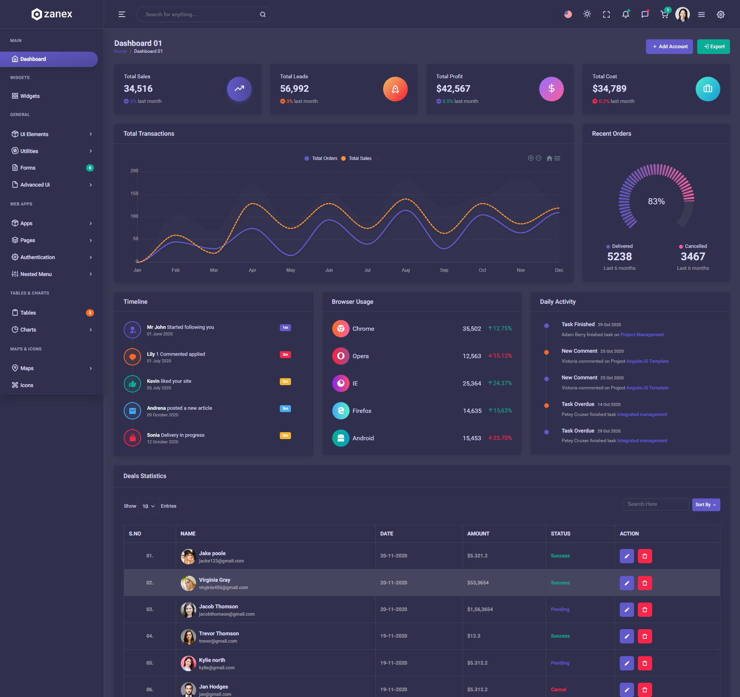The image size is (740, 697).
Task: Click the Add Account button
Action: coord(669,47)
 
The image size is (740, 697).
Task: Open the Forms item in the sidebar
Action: coord(28,168)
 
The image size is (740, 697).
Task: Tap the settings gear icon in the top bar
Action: coord(720,15)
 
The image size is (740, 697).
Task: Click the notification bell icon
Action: coord(625,15)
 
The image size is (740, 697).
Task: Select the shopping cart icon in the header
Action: coord(664,15)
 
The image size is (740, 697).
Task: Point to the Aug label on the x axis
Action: coord(405,270)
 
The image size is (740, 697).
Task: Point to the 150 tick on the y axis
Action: coord(134,194)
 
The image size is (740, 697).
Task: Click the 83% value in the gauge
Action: coord(656,201)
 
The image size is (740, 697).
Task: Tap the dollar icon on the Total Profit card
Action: coord(551,89)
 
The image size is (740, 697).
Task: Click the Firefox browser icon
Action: coord(341,411)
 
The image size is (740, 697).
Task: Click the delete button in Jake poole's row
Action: coord(644,556)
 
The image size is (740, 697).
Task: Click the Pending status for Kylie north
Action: coord(560,663)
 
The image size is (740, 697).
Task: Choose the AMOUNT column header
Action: coord(478,534)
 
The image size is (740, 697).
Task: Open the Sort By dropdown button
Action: coord(705,505)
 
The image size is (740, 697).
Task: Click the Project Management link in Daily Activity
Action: coord(642,335)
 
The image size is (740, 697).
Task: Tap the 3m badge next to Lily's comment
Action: coord(285,355)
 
